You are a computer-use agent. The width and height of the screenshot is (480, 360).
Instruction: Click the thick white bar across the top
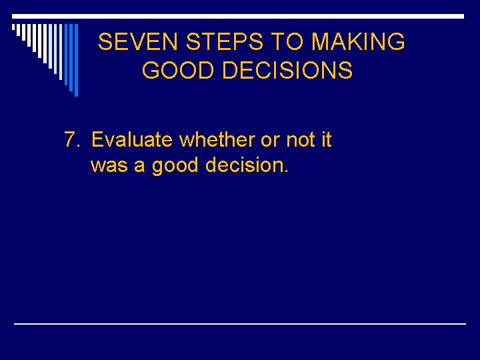pyautogui.click(x=239, y=15)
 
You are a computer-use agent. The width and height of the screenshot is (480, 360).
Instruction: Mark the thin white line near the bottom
pyautogui.click(x=240, y=324)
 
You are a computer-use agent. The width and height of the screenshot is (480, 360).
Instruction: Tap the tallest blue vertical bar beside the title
pyautogui.click(x=75, y=60)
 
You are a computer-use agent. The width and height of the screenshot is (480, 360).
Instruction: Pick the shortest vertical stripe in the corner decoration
pyautogui.click(x=14, y=29)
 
